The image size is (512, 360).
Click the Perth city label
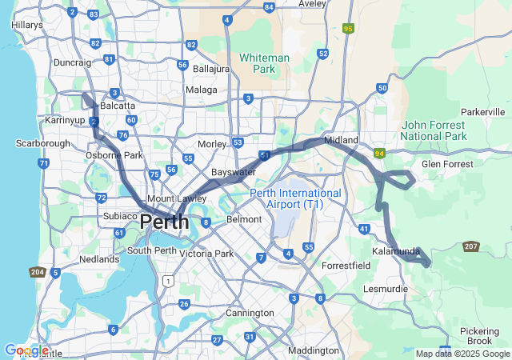point(166,222)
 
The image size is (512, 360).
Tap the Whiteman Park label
point(264,64)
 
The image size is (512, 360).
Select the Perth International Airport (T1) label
point(295,198)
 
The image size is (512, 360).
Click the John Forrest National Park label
point(433,131)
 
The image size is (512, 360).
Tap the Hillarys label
point(27,25)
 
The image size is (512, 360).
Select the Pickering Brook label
point(481,336)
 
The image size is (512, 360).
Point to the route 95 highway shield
point(347,29)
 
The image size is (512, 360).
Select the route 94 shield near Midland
point(378,153)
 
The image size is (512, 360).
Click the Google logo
point(26,350)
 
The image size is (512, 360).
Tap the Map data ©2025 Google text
point(463,354)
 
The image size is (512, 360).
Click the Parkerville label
point(484,112)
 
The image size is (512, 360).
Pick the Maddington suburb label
point(314,350)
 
